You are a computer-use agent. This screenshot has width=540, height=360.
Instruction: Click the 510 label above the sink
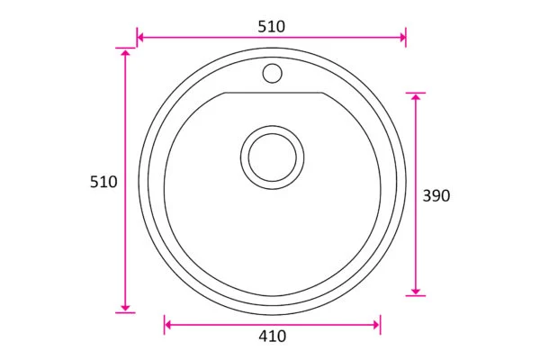[272, 26]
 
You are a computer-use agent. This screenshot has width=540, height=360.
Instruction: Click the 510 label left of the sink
[103, 182]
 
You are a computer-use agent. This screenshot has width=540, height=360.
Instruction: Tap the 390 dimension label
[436, 195]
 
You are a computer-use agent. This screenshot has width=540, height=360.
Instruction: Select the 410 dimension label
[273, 337]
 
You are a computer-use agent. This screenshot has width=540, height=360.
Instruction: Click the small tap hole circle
[273, 74]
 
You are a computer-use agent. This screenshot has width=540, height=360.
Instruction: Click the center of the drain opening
[273, 157]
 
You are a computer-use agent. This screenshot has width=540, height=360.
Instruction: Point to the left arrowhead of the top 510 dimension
[140, 37]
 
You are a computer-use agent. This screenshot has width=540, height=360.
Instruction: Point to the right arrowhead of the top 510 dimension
[402, 37]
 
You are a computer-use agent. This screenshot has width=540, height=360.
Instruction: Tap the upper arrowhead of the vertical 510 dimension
[125, 52]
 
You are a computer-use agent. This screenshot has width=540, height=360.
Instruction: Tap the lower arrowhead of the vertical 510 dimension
[125, 309]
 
